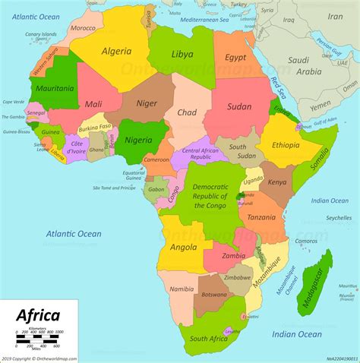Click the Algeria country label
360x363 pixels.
pos(118,51)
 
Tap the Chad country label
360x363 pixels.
pos(187,112)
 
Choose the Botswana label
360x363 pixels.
pos(213,294)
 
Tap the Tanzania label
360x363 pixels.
pos(256,217)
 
